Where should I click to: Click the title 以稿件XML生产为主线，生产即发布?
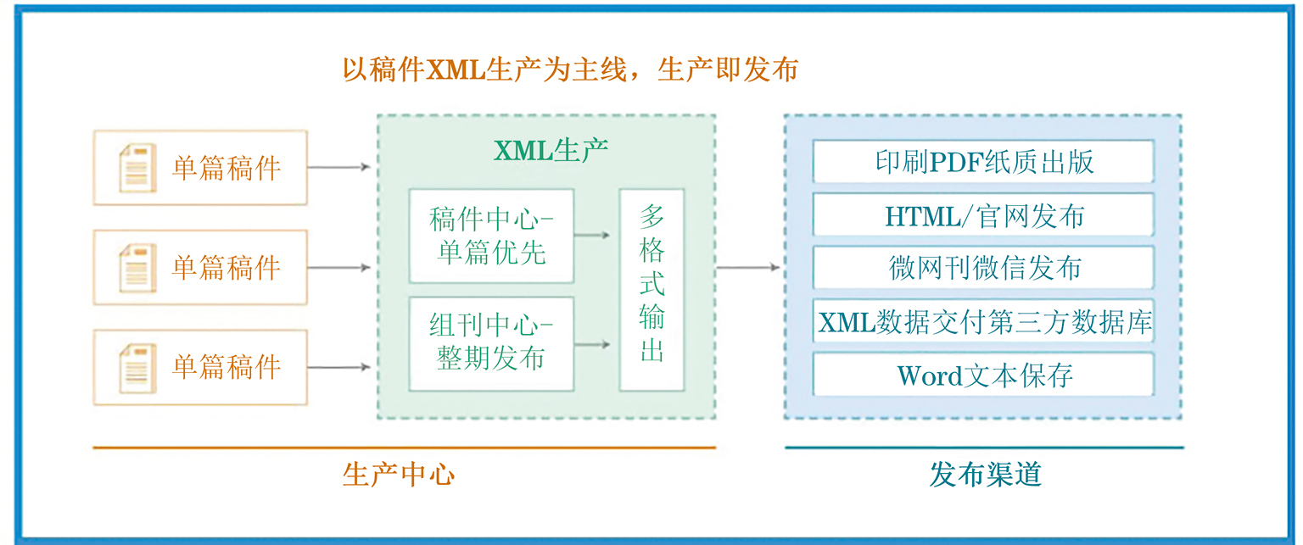click(x=570, y=70)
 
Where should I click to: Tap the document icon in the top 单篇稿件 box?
click(x=138, y=168)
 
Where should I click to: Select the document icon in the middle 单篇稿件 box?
click(x=138, y=268)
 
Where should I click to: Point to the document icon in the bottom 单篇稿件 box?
click(x=138, y=368)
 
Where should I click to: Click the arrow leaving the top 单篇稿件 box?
click(x=338, y=167)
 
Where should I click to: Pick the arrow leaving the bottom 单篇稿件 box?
click(x=338, y=367)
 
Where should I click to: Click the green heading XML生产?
click(x=551, y=151)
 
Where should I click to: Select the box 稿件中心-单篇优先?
click(x=491, y=236)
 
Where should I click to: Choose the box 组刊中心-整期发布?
click(x=491, y=344)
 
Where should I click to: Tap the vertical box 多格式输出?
click(x=651, y=289)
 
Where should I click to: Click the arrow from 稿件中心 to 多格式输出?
click(x=591, y=236)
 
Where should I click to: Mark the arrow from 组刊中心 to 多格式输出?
click(x=591, y=345)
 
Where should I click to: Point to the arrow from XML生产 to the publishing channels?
click(x=748, y=267)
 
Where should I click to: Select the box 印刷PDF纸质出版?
click(x=984, y=162)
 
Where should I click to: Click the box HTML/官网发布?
click(x=984, y=215)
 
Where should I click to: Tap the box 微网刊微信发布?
click(x=984, y=268)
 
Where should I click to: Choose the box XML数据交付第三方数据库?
click(x=984, y=321)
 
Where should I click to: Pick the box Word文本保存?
click(x=984, y=375)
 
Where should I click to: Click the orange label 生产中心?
click(x=399, y=475)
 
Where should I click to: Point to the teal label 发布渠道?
click(x=985, y=475)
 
